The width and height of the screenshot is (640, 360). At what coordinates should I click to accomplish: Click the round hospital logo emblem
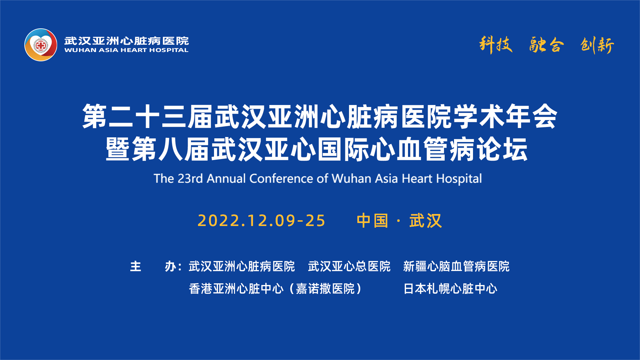pos(41,45)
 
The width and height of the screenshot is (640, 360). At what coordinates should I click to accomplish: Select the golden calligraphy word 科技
pos(496,45)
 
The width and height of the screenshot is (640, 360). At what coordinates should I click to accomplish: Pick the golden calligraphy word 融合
pos(547,45)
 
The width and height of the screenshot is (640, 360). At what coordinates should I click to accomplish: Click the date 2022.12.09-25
pos(261,221)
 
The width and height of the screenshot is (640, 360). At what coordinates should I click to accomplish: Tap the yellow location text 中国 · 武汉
pos(399,221)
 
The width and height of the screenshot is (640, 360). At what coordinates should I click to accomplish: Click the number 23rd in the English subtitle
pos(190,178)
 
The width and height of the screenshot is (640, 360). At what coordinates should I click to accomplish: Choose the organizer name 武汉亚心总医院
pos(349,267)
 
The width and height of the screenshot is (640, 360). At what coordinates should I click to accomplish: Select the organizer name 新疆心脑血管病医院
pos(456,267)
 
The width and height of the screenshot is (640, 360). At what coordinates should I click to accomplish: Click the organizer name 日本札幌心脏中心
pos(450,289)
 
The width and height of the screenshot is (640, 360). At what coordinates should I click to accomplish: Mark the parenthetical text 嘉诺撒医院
pos(325,289)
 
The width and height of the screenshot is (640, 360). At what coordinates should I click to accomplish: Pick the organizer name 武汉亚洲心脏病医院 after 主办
pos(242,267)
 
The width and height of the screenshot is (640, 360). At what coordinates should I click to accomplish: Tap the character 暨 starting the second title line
pos(118,149)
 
